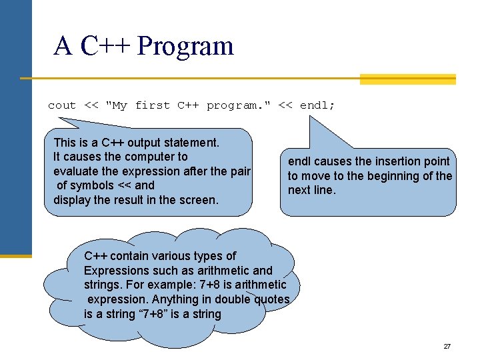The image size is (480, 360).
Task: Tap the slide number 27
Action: [447, 347]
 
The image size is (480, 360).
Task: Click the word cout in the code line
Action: [62, 105]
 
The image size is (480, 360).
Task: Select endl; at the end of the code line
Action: [318, 105]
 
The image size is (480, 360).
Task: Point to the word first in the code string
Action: [152, 105]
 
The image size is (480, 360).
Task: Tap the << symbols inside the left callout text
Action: [107, 185]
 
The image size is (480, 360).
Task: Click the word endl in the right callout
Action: [299, 161]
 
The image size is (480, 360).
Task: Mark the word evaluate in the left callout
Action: [75, 171]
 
